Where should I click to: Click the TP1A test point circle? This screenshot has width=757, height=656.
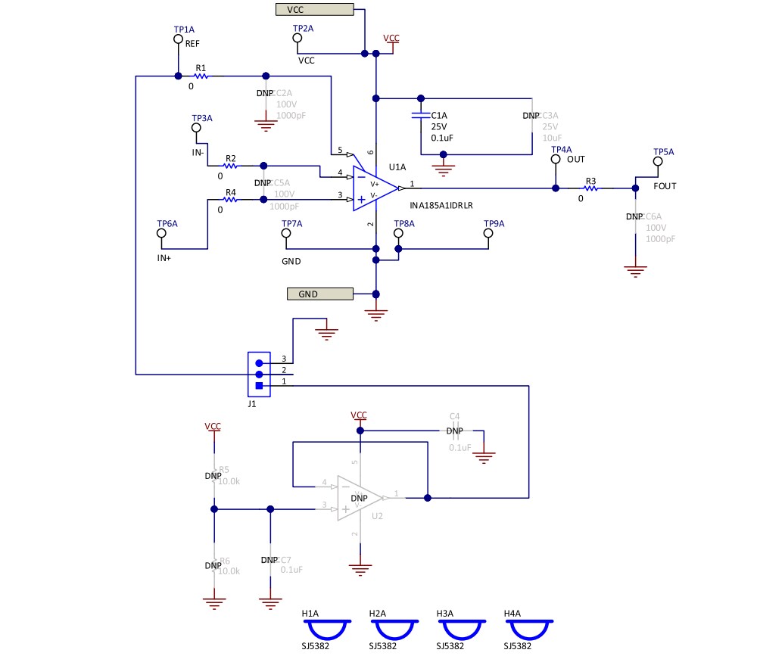[x=178, y=39]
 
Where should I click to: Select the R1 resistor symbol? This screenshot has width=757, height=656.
[x=201, y=76]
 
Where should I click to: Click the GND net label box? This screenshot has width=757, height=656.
[x=320, y=294]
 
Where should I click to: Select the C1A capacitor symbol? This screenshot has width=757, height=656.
[x=420, y=116]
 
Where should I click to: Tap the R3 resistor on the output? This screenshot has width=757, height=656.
[x=591, y=188]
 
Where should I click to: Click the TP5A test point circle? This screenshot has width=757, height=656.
[x=658, y=161]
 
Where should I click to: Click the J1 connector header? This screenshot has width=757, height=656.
[x=259, y=375]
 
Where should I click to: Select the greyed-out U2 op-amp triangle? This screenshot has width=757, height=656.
[x=359, y=498]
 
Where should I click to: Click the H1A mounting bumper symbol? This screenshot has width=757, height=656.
[x=326, y=630]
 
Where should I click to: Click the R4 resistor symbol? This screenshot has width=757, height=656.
[x=231, y=199]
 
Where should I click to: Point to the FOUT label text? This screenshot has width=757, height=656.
[x=665, y=186]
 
